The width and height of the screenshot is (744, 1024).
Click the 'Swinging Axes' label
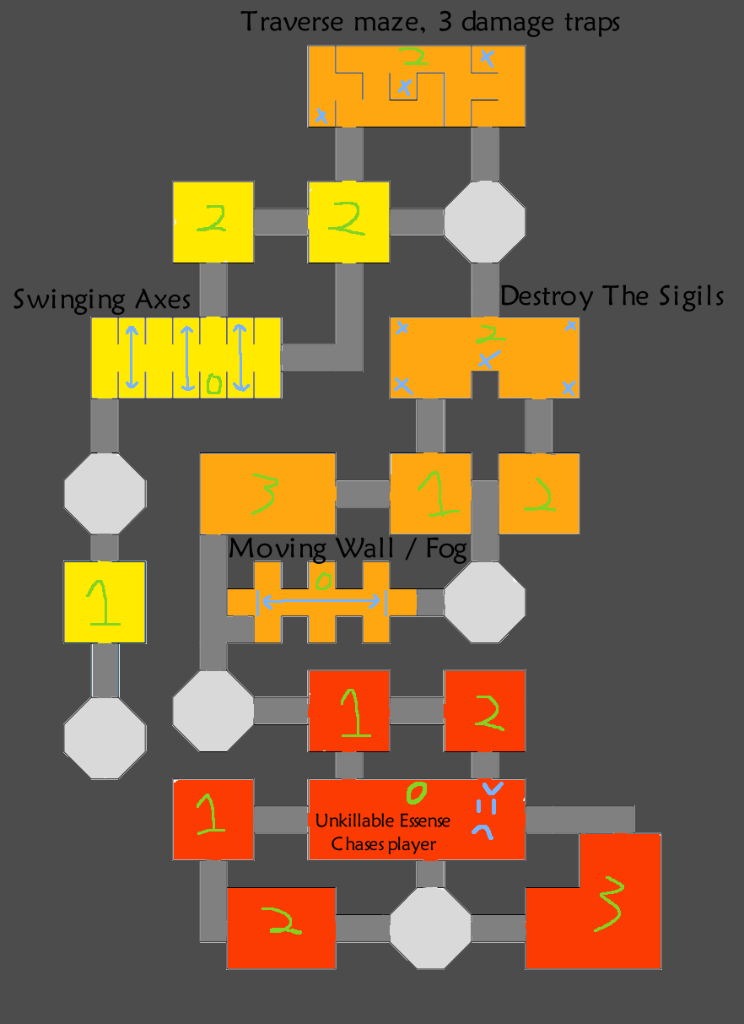pos(102,300)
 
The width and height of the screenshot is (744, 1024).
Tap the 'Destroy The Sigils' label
pos(612,296)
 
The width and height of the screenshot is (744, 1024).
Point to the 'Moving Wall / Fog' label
pos(348,549)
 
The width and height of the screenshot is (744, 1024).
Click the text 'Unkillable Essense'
pos(383,821)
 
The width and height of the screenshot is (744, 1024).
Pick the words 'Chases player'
pos(384,844)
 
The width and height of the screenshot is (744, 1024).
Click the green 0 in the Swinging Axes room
pos(213,385)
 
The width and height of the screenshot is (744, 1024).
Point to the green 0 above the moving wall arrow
pos(321,580)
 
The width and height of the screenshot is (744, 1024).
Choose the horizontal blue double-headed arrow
pos(321,601)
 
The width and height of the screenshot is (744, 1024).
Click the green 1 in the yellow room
pos(103,602)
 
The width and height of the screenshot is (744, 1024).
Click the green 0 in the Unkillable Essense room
pos(415,793)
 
